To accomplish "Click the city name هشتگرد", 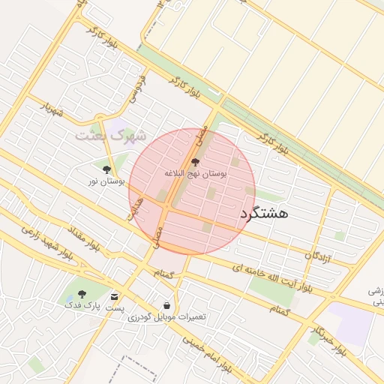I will click(x=265, y=213).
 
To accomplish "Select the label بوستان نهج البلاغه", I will click(x=196, y=172).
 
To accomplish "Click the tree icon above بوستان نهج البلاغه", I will click(x=196, y=162).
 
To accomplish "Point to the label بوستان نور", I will click(x=106, y=181).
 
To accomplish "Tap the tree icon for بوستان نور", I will click(x=106, y=170).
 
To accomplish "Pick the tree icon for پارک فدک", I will click(x=82, y=294).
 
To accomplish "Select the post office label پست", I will click(x=115, y=307).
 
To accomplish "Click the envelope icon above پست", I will click(x=115, y=296).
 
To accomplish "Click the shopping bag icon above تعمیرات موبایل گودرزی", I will click(x=166, y=306).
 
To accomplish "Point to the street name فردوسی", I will click(x=136, y=88).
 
